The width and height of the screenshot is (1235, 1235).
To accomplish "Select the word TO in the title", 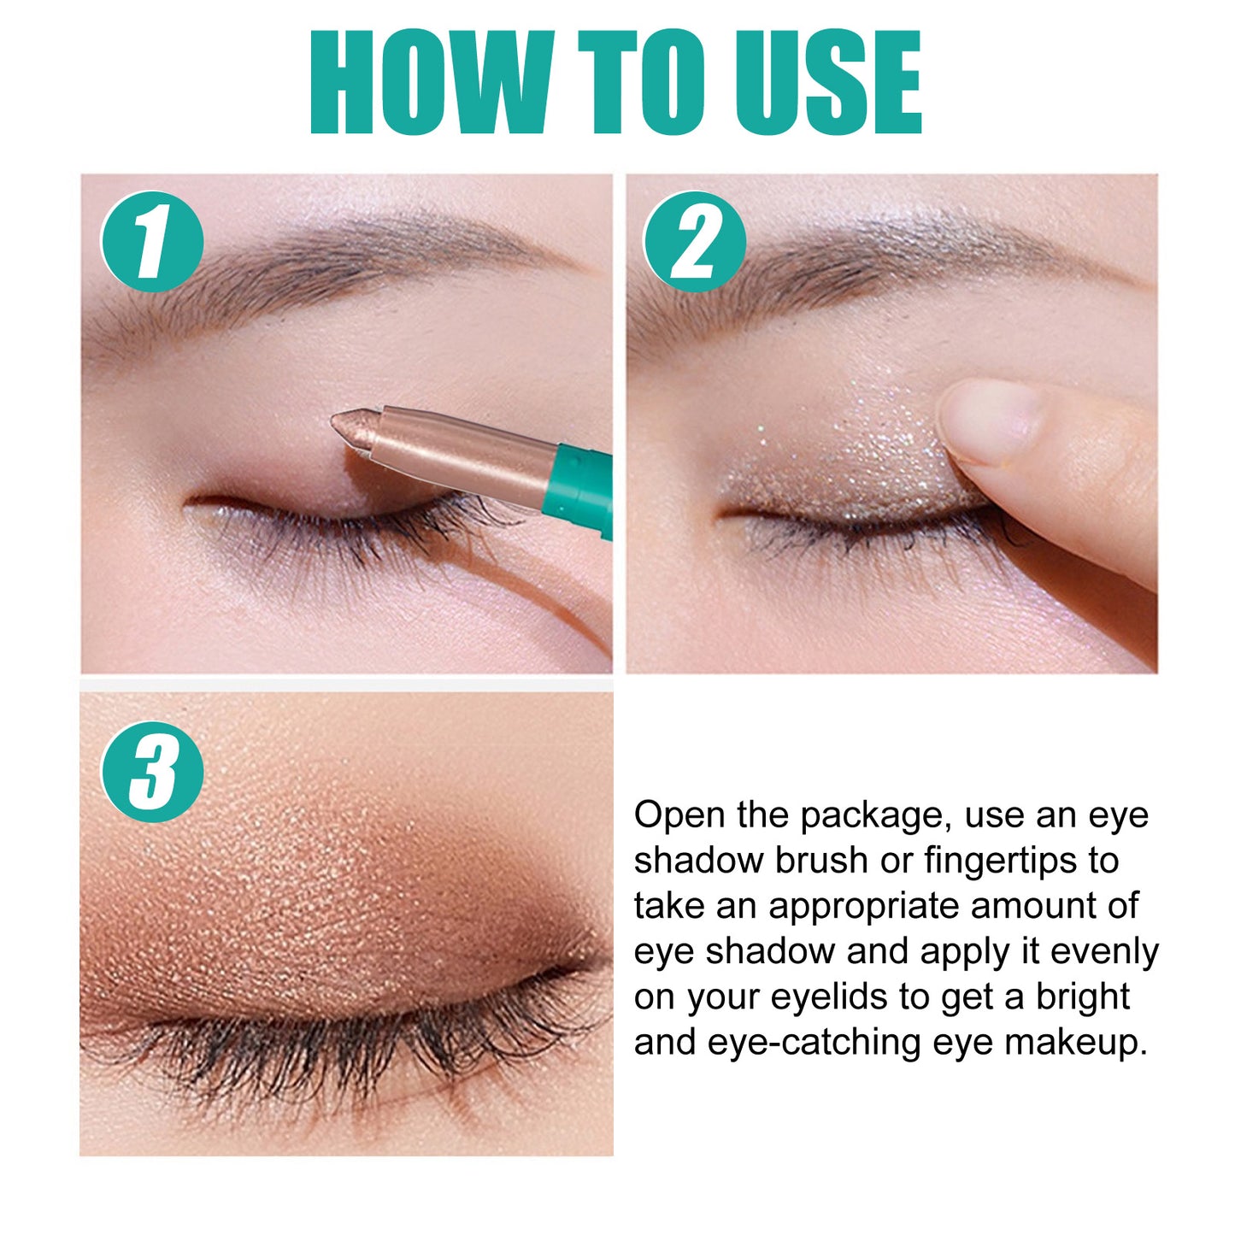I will (642, 83).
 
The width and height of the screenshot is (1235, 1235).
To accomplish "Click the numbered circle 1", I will (152, 242).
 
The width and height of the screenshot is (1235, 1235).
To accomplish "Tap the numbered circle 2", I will (694, 242).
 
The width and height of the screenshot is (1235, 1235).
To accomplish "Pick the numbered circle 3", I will (152, 772).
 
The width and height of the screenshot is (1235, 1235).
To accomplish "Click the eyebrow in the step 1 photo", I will (342, 256).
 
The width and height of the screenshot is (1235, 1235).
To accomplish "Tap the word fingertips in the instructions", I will (1000, 862).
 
